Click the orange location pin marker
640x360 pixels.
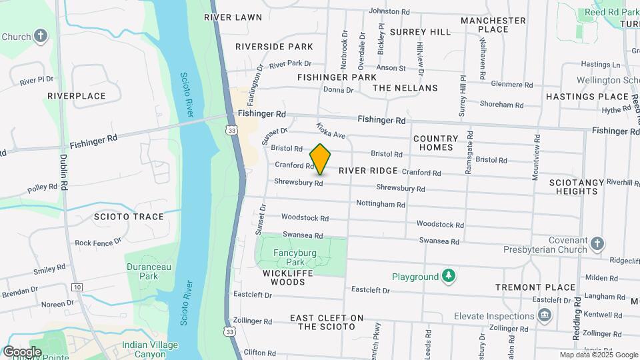321,159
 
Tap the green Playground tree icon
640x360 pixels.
450,276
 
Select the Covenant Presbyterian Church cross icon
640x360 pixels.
597,244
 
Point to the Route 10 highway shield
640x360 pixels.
78,287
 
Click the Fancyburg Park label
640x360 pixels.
295,257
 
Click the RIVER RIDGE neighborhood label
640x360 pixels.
368,171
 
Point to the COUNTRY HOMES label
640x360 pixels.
437,143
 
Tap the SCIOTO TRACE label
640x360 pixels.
129,217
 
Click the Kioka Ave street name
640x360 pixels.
331,130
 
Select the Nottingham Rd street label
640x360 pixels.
381,203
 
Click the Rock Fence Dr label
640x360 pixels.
97,243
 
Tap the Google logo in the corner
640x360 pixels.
22,351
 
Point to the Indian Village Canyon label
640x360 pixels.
149,349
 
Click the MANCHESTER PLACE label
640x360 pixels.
493,25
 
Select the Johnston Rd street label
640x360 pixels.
389,11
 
